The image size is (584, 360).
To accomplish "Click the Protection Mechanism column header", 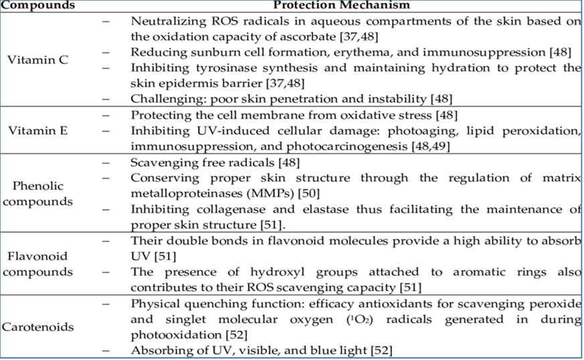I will [354, 5].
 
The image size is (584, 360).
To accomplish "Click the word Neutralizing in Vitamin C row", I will [164, 20].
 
